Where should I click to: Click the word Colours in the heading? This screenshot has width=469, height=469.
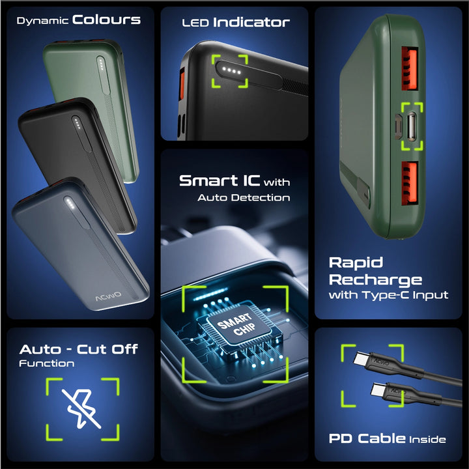(x=106, y=20)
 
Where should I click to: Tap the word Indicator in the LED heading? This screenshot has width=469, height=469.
(x=251, y=22)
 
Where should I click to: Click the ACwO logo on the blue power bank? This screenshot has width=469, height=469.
(x=108, y=296)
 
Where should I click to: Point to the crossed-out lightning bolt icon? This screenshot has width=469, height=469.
(x=82, y=408)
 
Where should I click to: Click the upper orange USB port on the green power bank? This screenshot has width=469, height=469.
(x=409, y=68)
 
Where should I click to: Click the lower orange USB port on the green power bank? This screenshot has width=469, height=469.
(x=409, y=183)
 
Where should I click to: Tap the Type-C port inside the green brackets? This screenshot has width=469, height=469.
(x=411, y=126)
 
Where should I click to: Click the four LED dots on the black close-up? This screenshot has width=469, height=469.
(x=231, y=70)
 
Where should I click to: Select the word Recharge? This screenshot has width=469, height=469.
(x=375, y=280)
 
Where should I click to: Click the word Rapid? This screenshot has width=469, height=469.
(x=356, y=263)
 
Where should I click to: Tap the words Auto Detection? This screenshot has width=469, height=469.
(x=244, y=197)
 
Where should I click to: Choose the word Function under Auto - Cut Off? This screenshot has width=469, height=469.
(x=47, y=363)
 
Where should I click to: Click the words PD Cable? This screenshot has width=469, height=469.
(x=367, y=438)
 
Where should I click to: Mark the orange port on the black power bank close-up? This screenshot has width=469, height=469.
(x=181, y=84)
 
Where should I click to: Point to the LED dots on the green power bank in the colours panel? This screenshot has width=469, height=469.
(x=101, y=64)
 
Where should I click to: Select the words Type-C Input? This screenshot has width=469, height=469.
(x=405, y=295)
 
